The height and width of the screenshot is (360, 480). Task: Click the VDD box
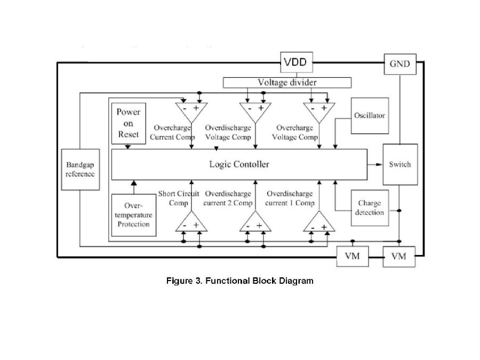click(x=297, y=62)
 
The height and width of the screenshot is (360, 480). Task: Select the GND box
click(x=400, y=64)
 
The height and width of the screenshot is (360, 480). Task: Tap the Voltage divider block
click(x=287, y=83)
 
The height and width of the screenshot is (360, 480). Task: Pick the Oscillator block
click(x=370, y=116)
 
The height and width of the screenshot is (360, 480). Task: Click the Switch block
click(x=400, y=164)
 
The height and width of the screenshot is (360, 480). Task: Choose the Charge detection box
click(x=370, y=208)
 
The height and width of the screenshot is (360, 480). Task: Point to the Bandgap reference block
click(x=80, y=170)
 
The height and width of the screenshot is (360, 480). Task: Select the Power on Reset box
click(x=129, y=123)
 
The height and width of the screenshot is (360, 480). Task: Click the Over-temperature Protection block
click(x=134, y=215)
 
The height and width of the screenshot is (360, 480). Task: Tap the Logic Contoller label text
click(x=239, y=164)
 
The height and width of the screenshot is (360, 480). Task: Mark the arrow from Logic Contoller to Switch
click(x=375, y=164)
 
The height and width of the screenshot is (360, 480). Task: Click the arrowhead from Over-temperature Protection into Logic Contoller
click(x=134, y=183)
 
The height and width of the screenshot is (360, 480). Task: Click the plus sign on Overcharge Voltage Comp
click(x=324, y=108)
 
